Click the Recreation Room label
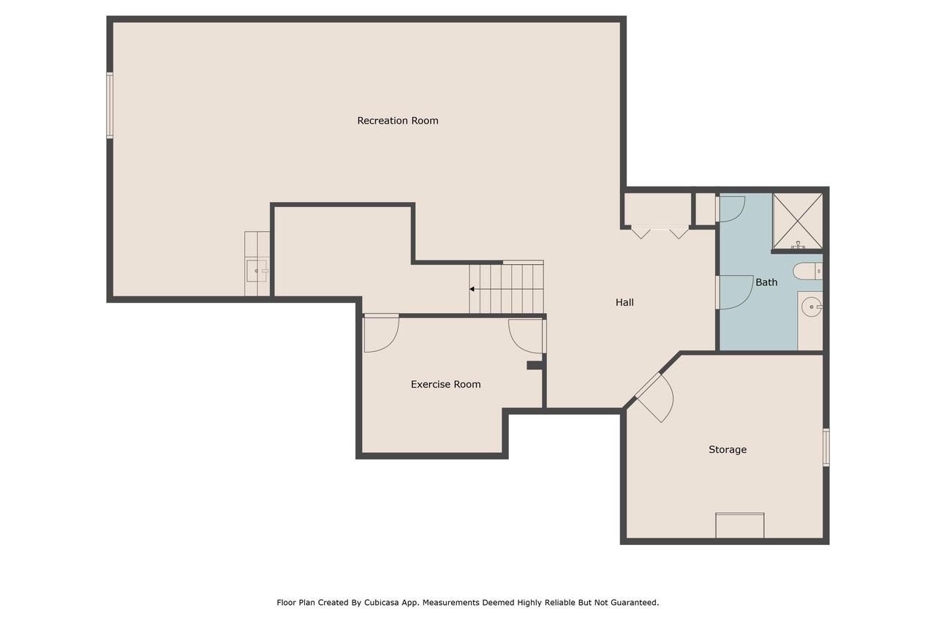[397, 121]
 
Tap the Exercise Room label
[445, 384]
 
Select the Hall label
[624, 302]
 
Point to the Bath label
[766, 282]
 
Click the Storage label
[728, 449]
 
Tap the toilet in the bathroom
[808, 271]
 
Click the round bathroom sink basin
[812, 307]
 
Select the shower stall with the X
[797, 221]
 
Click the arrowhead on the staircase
[472, 289]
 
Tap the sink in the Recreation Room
[257, 271]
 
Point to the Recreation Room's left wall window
[110, 105]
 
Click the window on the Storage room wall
[826, 447]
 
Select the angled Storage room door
[654, 397]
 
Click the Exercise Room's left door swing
[381, 334]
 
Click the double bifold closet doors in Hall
[660, 232]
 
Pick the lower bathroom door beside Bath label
[735, 293]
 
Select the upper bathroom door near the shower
[731, 209]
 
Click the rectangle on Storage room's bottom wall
[739, 525]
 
